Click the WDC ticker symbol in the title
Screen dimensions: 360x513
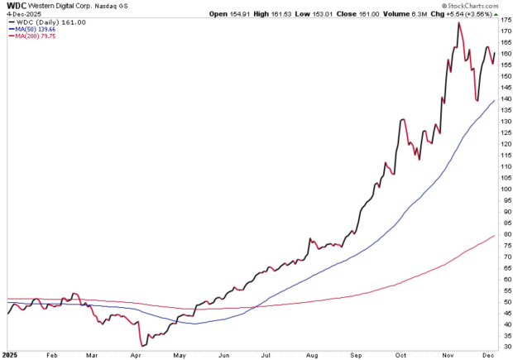pos(14,6)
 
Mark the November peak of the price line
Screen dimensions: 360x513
pos(458,23)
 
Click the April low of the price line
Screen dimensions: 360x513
pos(143,345)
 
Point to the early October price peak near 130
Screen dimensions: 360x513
pos(402,120)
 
